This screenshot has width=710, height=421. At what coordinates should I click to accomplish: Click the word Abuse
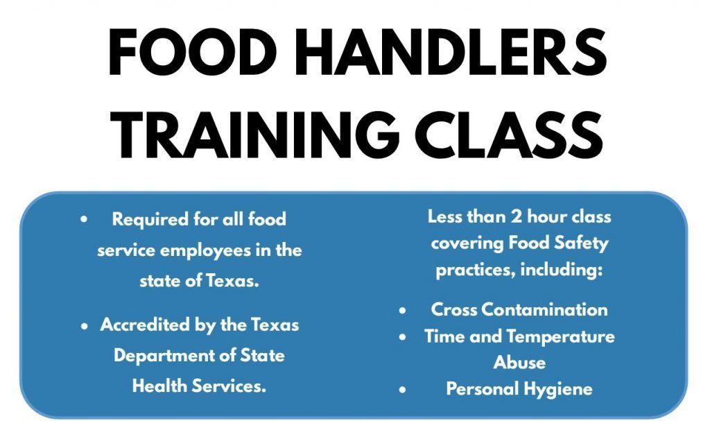point(519,363)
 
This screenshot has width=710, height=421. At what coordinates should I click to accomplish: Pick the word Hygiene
point(557,388)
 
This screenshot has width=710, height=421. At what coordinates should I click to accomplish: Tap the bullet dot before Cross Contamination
point(403,310)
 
